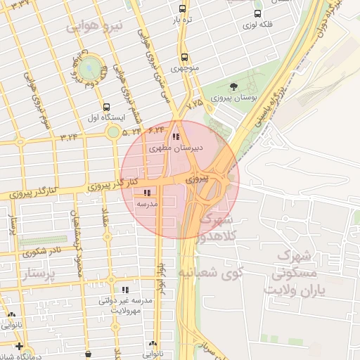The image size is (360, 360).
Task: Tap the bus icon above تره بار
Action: [x=183, y=9]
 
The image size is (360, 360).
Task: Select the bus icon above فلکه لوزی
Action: [x=258, y=13]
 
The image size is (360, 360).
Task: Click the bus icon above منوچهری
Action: [x=184, y=58]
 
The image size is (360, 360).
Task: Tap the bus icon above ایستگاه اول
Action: [x=106, y=108]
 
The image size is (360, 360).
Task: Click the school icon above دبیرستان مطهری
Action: [x=175, y=136]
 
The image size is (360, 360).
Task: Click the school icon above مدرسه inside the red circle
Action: [x=146, y=192]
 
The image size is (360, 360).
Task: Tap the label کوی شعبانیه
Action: [x=210, y=271]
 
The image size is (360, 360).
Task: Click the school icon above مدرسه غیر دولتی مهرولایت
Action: [x=125, y=289]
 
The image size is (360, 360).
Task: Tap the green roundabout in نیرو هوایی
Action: [x=89, y=68]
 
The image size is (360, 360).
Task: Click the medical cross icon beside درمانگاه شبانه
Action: [x=18, y=346]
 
